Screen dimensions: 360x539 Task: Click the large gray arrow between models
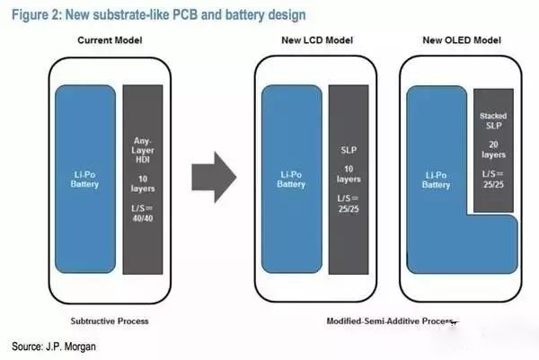[x=215, y=177]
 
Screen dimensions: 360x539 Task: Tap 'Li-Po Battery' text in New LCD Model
[x=291, y=179]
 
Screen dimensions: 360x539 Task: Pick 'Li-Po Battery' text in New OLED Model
[x=436, y=179]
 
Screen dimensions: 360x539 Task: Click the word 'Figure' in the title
[x=32, y=15]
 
